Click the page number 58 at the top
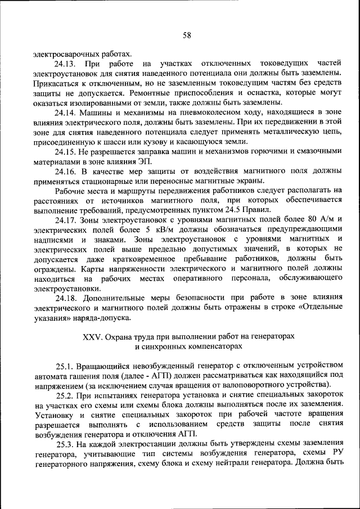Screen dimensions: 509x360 tap(187, 35)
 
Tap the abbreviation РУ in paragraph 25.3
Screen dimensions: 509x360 tap(336, 454)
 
